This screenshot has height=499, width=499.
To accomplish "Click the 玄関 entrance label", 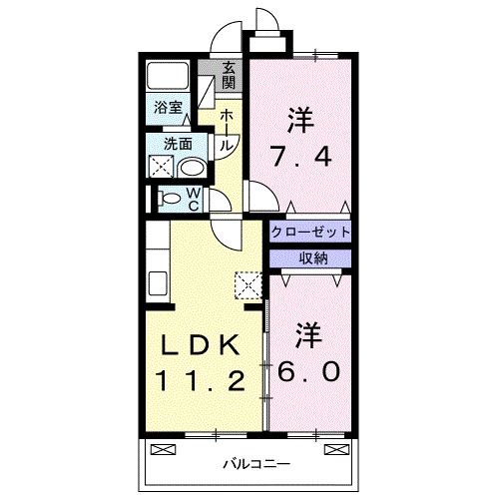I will (x=230, y=75).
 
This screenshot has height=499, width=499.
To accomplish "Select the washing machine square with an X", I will (x=161, y=167).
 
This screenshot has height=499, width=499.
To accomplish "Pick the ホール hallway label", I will (x=227, y=131).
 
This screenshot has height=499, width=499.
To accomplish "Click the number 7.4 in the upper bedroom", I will (x=296, y=156).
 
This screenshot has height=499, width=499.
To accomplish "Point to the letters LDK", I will (x=200, y=344).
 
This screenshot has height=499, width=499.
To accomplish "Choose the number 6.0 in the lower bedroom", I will (x=309, y=369).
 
